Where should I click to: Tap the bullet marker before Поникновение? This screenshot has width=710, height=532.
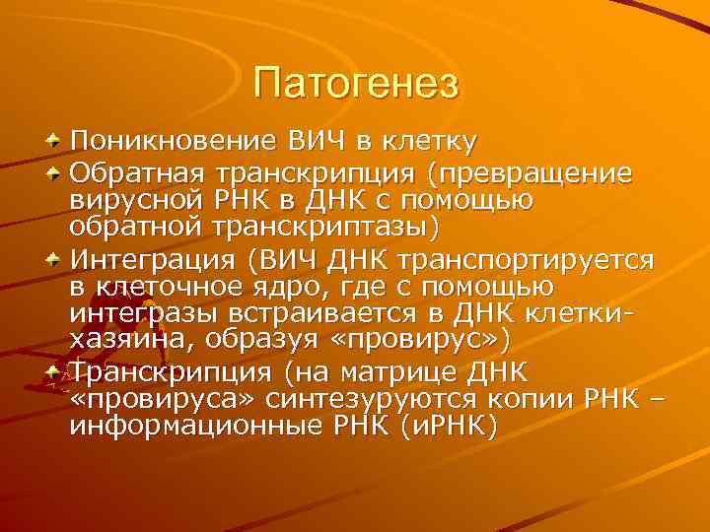(x=56, y=141)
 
